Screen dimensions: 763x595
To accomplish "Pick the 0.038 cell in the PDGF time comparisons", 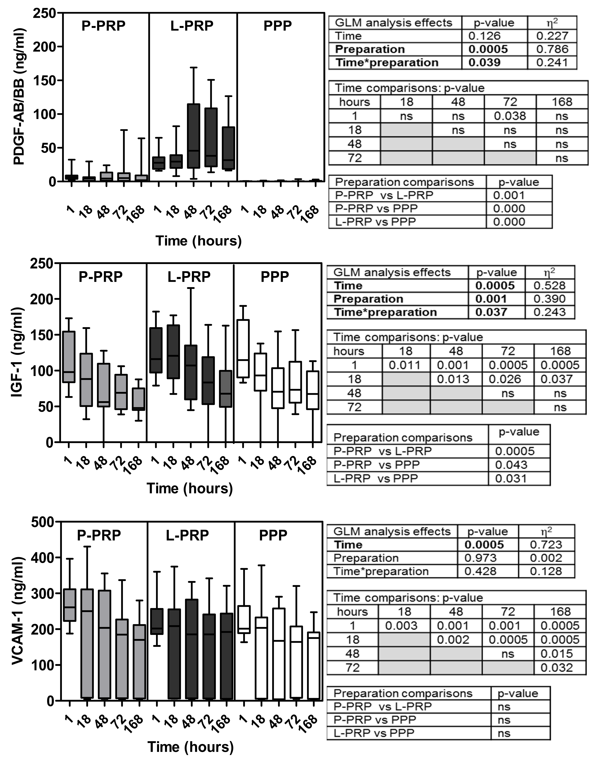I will pyautogui.click(x=510, y=116).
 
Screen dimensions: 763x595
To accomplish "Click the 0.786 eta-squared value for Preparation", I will pyautogui.click(x=552, y=49).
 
